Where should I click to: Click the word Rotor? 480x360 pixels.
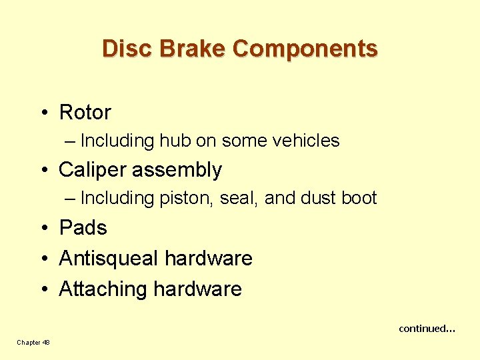[85, 112]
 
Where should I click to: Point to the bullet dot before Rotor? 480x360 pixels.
[43, 113]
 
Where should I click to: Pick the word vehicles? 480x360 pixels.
[307, 141]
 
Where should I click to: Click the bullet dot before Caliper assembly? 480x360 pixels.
[43, 170]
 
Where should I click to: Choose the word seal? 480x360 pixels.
[243, 198]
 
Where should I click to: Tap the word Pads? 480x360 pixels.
[83, 227]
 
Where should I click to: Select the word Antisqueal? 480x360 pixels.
[109, 258]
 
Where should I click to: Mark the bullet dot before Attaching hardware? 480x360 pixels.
[43, 289]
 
